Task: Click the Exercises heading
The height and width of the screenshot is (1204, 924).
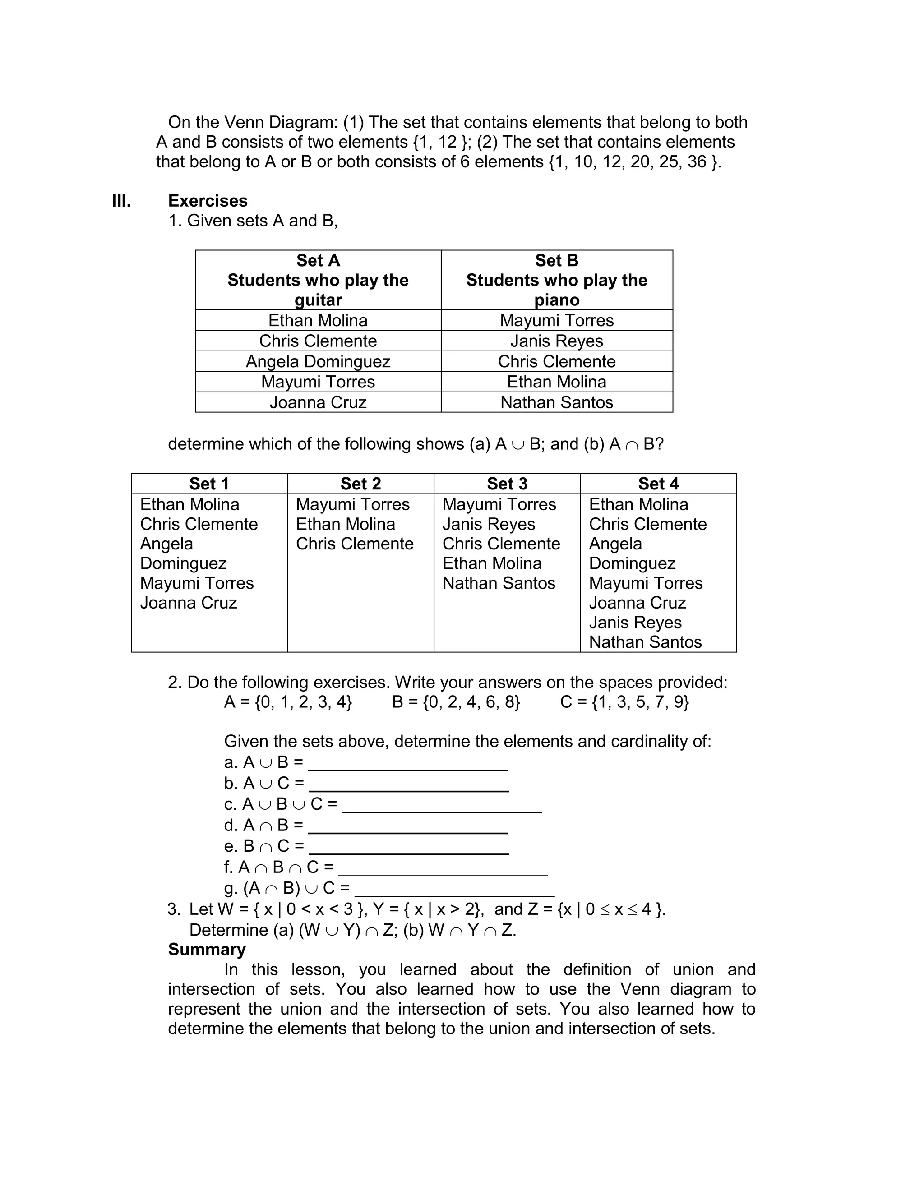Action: (208, 201)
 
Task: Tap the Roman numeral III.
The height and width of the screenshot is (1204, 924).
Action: (121, 201)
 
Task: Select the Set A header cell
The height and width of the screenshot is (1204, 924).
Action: (318, 280)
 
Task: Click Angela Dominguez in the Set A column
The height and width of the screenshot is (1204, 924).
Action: (318, 361)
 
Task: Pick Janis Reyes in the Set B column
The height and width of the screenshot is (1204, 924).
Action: (557, 341)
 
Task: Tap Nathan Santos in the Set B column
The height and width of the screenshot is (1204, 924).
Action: (557, 402)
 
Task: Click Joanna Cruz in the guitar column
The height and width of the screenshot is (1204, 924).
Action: (318, 402)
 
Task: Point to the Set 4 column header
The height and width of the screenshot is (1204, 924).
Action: (658, 483)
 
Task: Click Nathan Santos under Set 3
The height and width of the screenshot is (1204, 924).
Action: (499, 583)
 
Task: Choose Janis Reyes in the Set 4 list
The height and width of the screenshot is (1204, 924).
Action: (635, 623)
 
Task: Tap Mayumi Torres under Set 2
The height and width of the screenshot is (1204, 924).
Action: (352, 504)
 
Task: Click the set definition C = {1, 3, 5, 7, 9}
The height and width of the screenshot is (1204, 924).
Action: (624, 702)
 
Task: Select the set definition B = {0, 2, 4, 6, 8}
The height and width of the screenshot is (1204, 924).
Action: (456, 702)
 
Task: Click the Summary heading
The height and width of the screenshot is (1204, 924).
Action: (207, 950)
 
